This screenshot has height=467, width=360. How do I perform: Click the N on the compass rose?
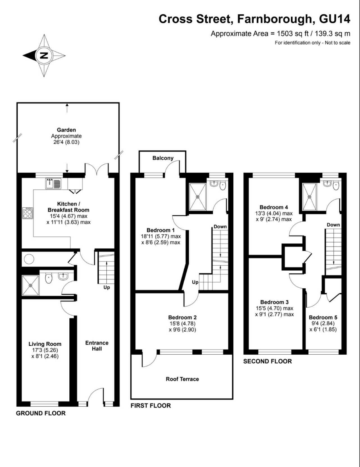[x=44, y=56]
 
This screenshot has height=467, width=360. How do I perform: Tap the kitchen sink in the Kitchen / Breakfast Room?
[x=53, y=183]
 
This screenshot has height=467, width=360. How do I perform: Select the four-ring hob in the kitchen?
[x=28, y=213]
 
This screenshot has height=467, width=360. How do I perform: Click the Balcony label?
[x=163, y=158]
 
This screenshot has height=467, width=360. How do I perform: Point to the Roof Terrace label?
[x=182, y=379]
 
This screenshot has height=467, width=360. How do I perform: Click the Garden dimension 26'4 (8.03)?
[x=66, y=142]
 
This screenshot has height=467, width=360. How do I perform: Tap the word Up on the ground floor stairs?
[x=107, y=287]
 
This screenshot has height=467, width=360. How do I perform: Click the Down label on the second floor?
[x=333, y=225]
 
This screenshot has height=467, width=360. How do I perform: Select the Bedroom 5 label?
[x=323, y=317]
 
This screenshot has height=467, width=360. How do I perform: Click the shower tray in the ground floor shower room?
[x=31, y=285]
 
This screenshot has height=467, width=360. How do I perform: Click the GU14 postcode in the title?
[x=335, y=19]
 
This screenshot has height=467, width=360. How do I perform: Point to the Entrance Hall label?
[x=97, y=346]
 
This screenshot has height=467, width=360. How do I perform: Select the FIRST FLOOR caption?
[x=151, y=405]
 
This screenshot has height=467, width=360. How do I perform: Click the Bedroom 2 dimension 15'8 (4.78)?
[x=182, y=323]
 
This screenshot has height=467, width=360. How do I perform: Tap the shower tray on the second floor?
[x=309, y=197]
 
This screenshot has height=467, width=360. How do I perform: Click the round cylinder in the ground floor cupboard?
[x=29, y=259]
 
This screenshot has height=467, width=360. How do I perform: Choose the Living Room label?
[x=45, y=344]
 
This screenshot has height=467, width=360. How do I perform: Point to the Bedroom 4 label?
[x=274, y=207]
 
